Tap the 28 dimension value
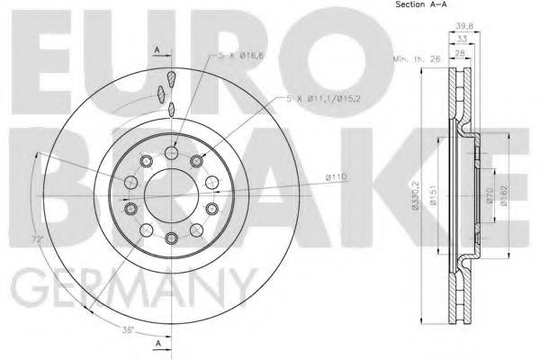(460, 53)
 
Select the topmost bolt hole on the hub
(171, 155)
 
